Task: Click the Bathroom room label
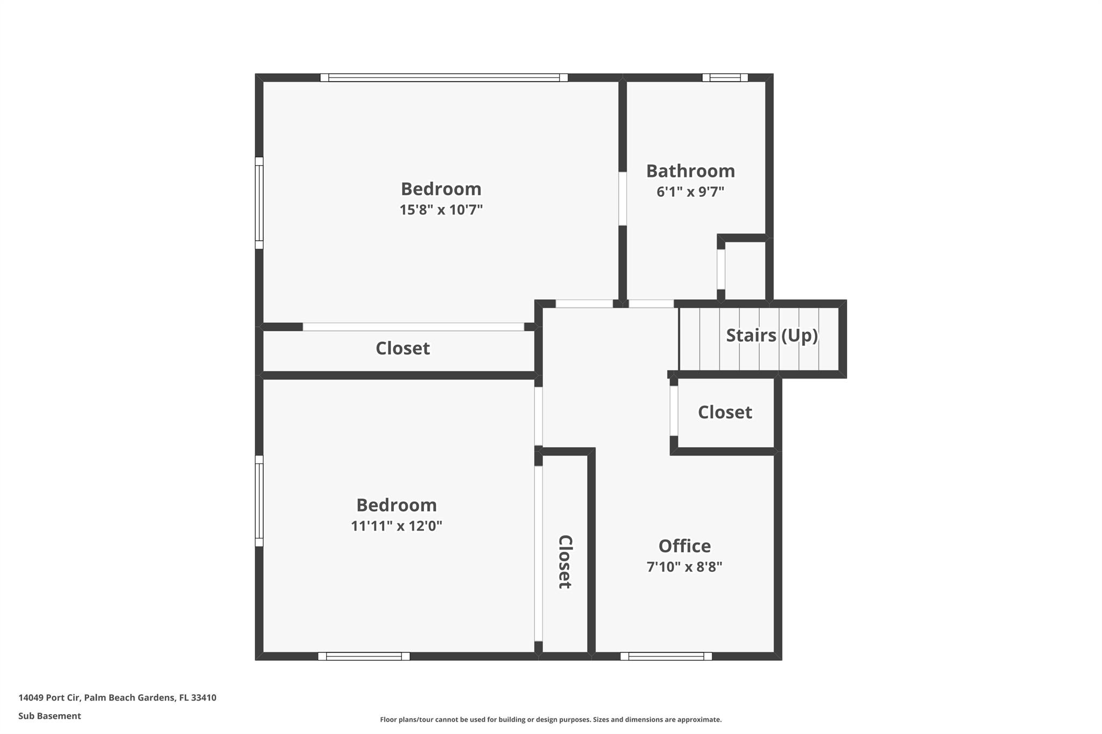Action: click(690, 171)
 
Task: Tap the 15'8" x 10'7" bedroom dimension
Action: click(441, 210)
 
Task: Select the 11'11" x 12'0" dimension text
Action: click(397, 526)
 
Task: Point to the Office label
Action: click(684, 546)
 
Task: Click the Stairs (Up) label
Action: click(772, 336)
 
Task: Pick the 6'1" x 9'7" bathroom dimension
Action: click(690, 192)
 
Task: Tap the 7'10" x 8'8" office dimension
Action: click(684, 567)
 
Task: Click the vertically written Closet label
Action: click(564, 562)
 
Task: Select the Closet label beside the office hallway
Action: click(725, 412)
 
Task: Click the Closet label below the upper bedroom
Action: click(402, 348)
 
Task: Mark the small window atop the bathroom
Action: click(725, 77)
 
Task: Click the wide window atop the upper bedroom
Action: click(444, 77)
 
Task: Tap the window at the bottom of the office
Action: click(666, 656)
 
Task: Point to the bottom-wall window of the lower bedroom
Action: click(364, 656)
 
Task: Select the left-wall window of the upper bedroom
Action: click(259, 203)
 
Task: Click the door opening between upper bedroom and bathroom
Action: click(623, 198)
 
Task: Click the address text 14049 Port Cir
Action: click(50, 697)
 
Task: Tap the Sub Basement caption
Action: click(50, 716)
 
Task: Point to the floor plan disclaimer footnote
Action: click(550, 719)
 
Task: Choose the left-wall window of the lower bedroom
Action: click(259, 501)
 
